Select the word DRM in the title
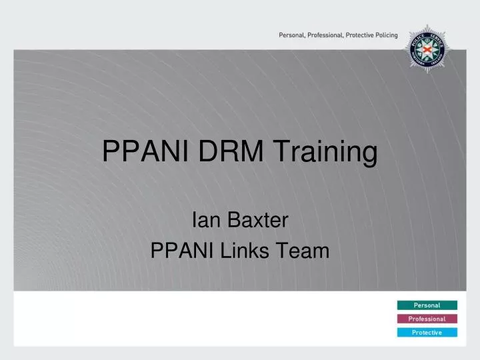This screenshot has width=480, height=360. (x=221, y=153)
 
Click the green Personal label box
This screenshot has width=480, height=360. (x=427, y=305)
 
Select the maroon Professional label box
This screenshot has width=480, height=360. (x=427, y=319)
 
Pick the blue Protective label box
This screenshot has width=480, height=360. (x=427, y=333)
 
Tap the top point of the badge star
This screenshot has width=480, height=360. (x=429, y=26)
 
